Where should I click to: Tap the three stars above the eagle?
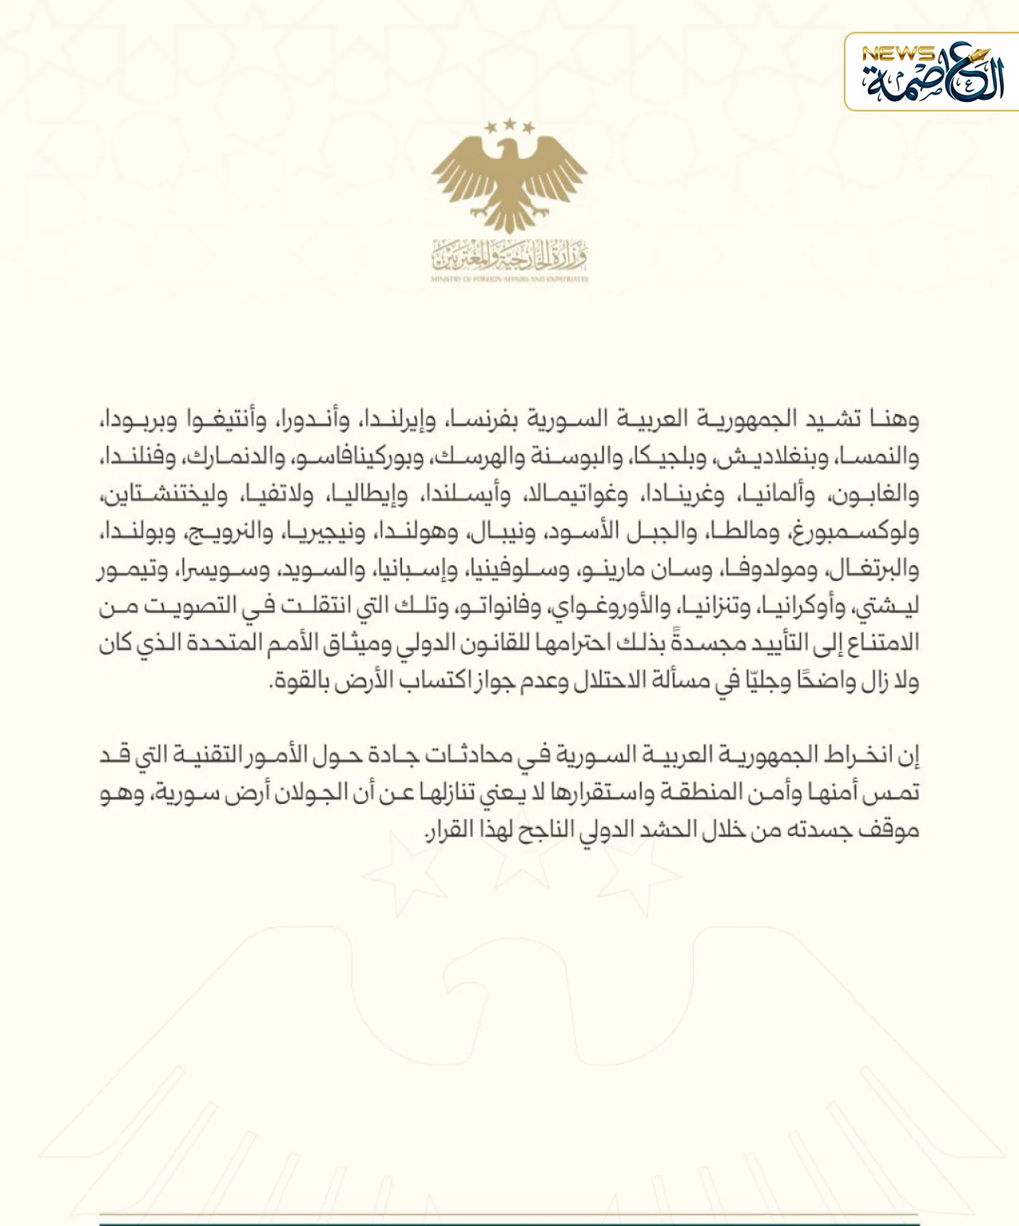(x=509, y=126)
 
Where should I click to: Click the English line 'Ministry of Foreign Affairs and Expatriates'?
(x=509, y=279)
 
